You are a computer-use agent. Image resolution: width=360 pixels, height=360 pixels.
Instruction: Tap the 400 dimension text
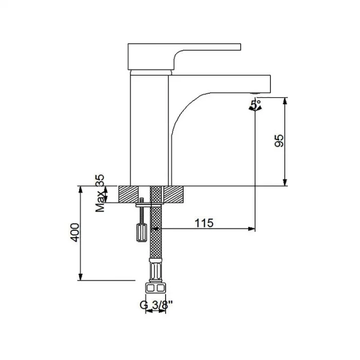75,233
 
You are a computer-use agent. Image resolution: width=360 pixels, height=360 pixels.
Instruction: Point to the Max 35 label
100,193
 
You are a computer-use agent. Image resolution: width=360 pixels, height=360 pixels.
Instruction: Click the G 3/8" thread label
156,304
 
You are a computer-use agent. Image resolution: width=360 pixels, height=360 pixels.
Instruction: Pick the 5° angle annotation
256,105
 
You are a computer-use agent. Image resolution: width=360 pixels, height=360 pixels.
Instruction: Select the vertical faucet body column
150,129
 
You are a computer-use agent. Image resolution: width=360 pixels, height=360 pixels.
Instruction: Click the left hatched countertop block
133,194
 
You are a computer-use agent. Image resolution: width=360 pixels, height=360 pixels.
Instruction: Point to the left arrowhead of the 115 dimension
164,228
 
